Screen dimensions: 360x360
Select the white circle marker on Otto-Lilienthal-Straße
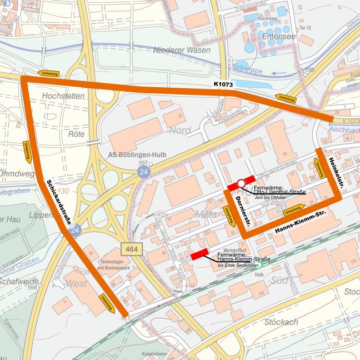point(241,183)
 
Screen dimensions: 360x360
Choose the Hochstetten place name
point(63,96)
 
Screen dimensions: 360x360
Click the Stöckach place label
point(281,322)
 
